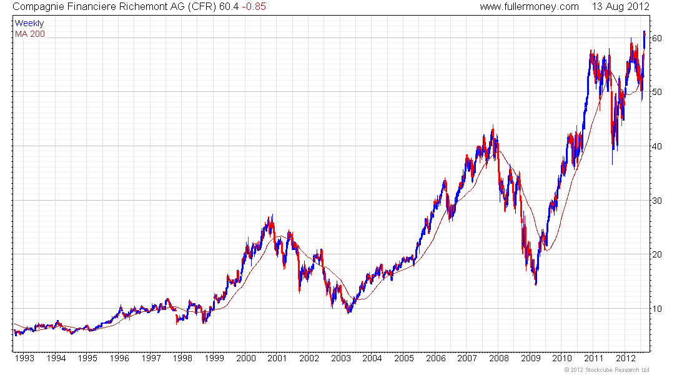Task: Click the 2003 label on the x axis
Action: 340,358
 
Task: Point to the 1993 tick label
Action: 25,358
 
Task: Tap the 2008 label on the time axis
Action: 498,358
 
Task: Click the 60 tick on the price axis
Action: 657,38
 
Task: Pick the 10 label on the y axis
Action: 657,309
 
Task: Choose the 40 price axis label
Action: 657,146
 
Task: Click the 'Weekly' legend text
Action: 29,24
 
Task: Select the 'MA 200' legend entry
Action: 29,34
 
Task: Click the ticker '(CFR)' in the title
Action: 201,7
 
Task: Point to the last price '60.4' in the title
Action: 229,7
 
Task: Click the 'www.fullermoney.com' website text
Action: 530,7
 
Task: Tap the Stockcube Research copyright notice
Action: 606,370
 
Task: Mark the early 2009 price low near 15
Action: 536,284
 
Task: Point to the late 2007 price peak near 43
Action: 493,128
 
